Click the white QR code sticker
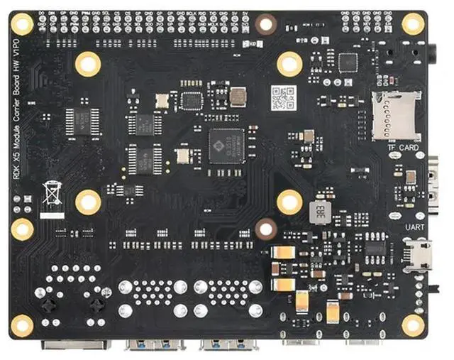[x=283, y=97]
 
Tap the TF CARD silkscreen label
[x=403, y=148]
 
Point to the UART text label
[x=414, y=227]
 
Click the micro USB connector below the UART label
[x=417, y=253]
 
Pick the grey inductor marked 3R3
[x=320, y=210]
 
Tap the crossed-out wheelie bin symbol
[x=51, y=193]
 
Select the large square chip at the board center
[x=226, y=146]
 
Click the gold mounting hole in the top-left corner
[x=22, y=25]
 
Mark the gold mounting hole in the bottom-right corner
[x=413, y=325]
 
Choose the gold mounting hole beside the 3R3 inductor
[x=289, y=202]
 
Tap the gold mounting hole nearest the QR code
[x=289, y=65]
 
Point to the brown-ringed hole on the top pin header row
[x=266, y=23]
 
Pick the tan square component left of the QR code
[x=238, y=96]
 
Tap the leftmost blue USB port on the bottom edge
[x=155, y=345]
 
